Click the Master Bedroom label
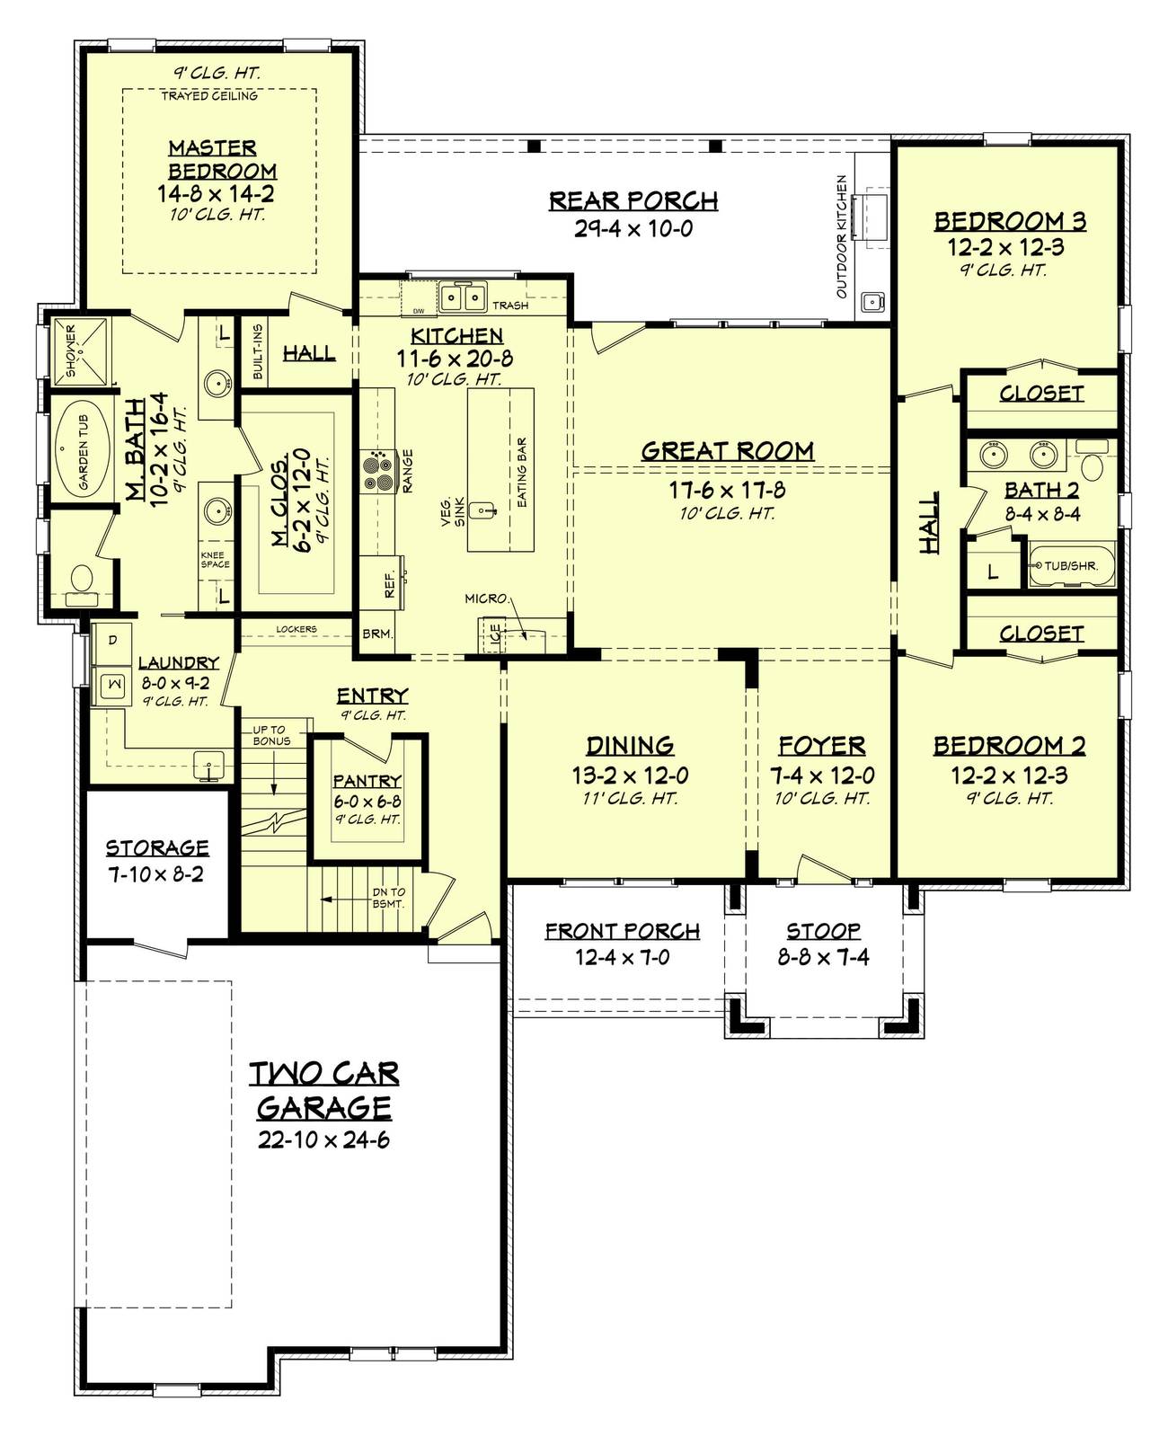point(222,159)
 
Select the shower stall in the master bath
point(79,350)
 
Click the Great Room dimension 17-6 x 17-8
point(727,490)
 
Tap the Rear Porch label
point(633,201)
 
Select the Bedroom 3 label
point(1010,221)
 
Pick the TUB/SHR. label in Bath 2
point(1071,565)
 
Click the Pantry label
point(367,781)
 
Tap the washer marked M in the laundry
point(111,685)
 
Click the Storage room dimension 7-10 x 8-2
point(156,874)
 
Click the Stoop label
point(823,931)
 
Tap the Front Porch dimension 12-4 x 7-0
point(622,957)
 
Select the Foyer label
point(822,746)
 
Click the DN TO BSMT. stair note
point(389,898)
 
